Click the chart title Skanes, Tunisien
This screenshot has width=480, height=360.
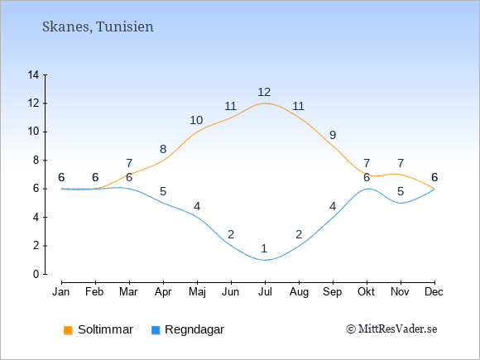click(x=98, y=26)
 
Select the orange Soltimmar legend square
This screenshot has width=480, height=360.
click(x=68, y=330)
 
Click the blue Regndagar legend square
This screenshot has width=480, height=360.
click(x=156, y=330)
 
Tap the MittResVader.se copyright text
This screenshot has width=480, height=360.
click(x=391, y=329)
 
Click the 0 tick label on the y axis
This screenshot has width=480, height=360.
click(x=36, y=274)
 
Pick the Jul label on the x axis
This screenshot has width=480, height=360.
click(x=265, y=292)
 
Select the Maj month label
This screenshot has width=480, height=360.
click(x=197, y=292)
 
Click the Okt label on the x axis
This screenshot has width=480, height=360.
click(x=366, y=292)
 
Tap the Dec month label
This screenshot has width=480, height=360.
click(x=434, y=292)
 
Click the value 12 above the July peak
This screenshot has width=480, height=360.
click(x=264, y=92)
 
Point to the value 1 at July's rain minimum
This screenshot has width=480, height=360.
click(x=264, y=248)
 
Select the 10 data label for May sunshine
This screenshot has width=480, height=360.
click(x=196, y=120)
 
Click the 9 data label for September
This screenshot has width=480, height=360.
click(x=333, y=135)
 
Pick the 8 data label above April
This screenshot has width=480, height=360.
click(x=163, y=149)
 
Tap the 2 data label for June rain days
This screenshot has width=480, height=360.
click(x=231, y=234)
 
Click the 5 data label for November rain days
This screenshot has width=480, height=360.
click(x=401, y=192)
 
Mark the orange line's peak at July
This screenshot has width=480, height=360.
click(x=265, y=103)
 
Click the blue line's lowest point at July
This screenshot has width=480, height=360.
click(x=265, y=260)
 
